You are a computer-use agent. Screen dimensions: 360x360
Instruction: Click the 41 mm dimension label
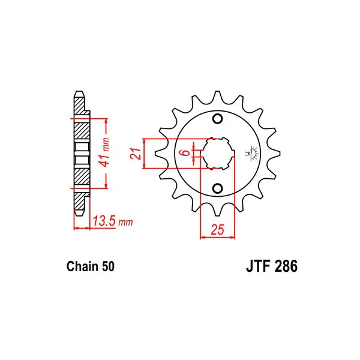click(x=104, y=152)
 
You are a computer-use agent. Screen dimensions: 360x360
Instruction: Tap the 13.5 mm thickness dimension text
click(x=113, y=221)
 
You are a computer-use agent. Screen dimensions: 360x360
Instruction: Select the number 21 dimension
click(x=136, y=154)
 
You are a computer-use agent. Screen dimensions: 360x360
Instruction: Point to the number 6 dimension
click(x=187, y=152)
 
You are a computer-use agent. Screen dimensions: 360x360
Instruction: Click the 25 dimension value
click(x=217, y=229)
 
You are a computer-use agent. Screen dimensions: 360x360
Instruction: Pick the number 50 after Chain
click(x=108, y=266)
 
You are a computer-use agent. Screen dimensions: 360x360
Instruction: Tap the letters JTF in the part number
click(x=257, y=266)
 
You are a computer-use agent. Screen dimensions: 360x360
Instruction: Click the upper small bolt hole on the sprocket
click(x=217, y=119)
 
